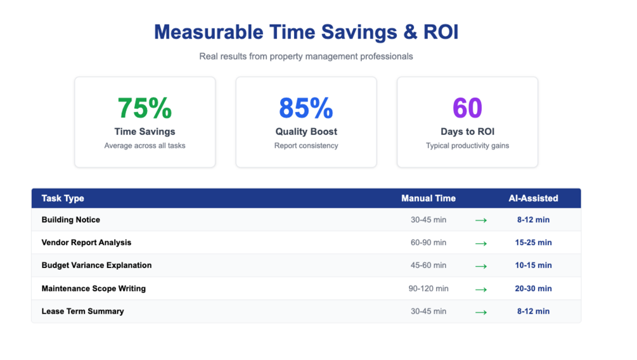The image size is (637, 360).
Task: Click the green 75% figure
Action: pyautogui.click(x=145, y=108)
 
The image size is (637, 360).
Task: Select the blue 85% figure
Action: pyautogui.click(x=306, y=108)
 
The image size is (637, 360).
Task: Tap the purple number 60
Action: pyautogui.click(x=467, y=108)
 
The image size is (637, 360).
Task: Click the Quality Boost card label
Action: pyautogui.click(x=306, y=132)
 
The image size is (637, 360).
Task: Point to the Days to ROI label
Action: pyautogui.click(x=467, y=132)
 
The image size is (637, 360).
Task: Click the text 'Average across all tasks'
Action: pyautogui.click(x=145, y=146)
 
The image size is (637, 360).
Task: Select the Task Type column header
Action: pyautogui.click(x=63, y=198)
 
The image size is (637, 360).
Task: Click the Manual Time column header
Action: pyautogui.click(x=428, y=198)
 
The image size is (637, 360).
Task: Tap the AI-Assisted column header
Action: pyautogui.click(x=533, y=198)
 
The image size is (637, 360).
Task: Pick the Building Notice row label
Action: pyautogui.click(x=71, y=220)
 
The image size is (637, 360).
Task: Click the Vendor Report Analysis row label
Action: pyautogui.click(x=86, y=243)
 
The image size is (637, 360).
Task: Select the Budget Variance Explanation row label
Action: pyautogui.click(x=96, y=266)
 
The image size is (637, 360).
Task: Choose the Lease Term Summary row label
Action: pyautogui.click(x=82, y=311)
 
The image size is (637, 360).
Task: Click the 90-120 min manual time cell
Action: pyautogui.click(x=428, y=288)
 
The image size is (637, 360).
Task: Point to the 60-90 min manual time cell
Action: pyautogui.click(x=428, y=243)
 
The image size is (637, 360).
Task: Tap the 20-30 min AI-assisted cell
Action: pyautogui.click(x=533, y=288)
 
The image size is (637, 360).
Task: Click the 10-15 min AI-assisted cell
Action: pyautogui.click(x=533, y=266)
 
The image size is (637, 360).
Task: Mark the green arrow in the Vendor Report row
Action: pyautogui.click(x=481, y=243)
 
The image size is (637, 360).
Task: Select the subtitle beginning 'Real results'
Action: pyautogui.click(x=306, y=56)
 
